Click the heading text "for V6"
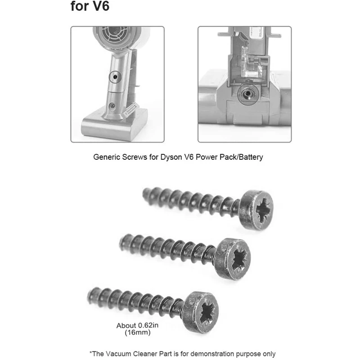[90, 8]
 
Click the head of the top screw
[257, 210]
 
